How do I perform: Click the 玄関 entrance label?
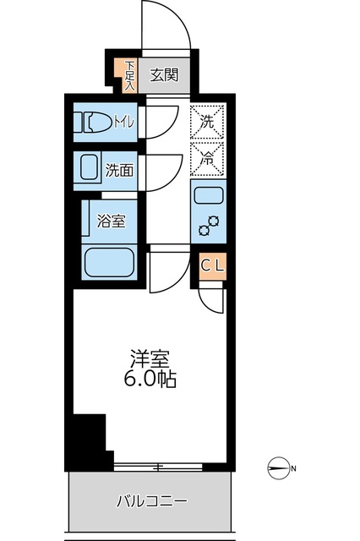[164, 75]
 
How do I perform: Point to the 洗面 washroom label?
[119, 170]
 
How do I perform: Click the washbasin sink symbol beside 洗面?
[89, 169]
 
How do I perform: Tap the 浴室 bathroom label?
[112, 221]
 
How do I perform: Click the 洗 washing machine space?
[207, 122]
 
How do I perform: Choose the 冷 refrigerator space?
[207, 156]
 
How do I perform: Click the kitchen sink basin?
[207, 197]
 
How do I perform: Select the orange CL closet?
[212, 265]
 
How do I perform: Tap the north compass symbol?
[280, 467]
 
